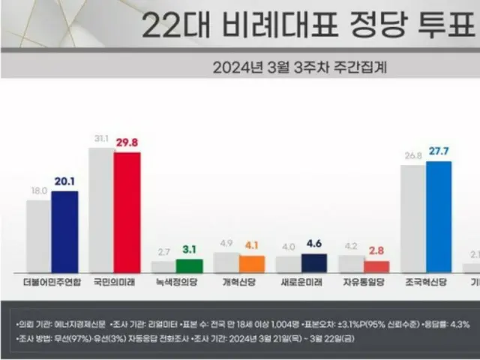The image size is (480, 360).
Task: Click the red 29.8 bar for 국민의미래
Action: (x=127, y=211)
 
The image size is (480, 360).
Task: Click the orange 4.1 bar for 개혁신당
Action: (x=252, y=263)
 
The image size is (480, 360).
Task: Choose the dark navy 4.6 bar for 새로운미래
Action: (x=313, y=262)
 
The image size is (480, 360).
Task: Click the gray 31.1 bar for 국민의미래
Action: (x=101, y=209)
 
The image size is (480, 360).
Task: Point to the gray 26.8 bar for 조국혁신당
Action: (x=412, y=218)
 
